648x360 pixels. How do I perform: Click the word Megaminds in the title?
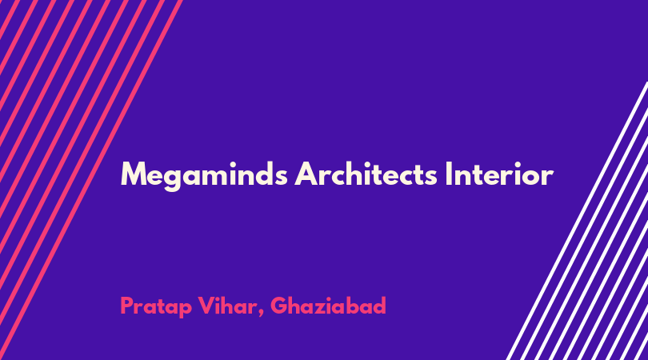pyautogui.click(x=204, y=175)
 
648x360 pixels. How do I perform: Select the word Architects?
pyautogui.click(x=366, y=174)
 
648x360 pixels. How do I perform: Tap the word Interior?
pyautogui.click(x=499, y=174)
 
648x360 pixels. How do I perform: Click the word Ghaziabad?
pyautogui.click(x=328, y=306)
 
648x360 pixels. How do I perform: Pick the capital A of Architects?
pyautogui.click(x=306, y=174)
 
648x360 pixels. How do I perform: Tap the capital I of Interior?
pyautogui.click(x=449, y=174)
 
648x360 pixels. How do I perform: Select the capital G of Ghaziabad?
pyautogui.click(x=279, y=306)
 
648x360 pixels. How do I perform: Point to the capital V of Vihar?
pyautogui.click(x=206, y=306)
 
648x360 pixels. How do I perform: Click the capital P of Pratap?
pyautogui.click(x=127, y=306)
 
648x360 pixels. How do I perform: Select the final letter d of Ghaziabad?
pyautogui.click(x=379, y=306)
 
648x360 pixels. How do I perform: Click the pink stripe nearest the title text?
pyautogui.click(x=91, y=180)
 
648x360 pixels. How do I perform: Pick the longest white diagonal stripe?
pyautogui.click(x=577, y=221)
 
